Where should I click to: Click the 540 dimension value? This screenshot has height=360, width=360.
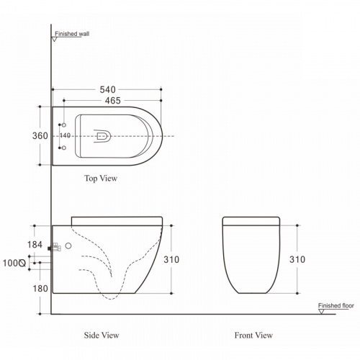(107, 90)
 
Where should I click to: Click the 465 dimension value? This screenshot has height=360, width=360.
(113, 101)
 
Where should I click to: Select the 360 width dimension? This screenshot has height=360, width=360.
(40, 136)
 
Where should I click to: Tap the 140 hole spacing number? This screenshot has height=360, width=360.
(65, 135)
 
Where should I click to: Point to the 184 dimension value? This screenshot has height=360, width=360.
(35, 245)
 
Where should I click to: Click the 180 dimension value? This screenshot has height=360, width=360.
(40, 289)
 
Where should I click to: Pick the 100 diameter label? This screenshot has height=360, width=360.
(14, 264)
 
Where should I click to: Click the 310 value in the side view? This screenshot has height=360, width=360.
(171, 259)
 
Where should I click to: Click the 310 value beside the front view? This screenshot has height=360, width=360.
(297, 259)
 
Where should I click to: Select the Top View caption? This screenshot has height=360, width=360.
(101, 179)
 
